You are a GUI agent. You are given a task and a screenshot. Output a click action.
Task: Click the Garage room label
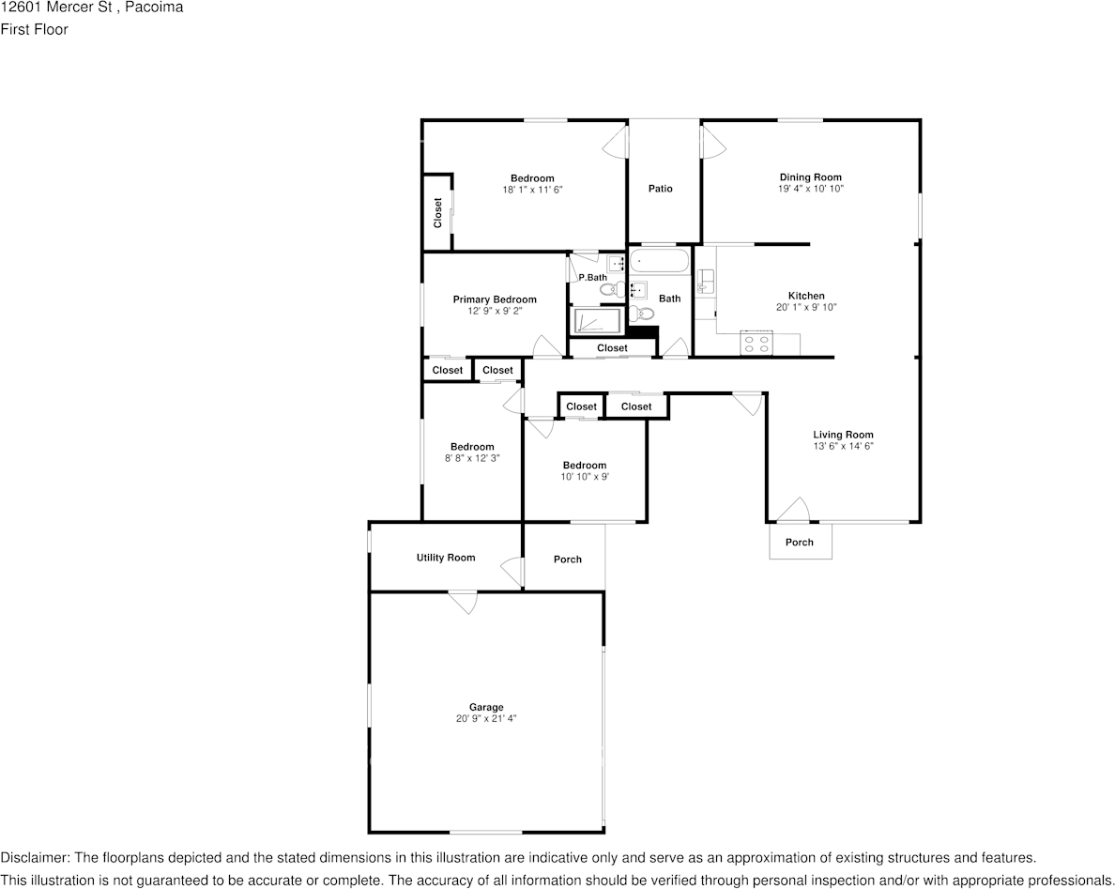(x=486, y=707)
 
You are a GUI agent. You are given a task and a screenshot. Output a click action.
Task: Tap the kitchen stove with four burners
(x=756, y=344)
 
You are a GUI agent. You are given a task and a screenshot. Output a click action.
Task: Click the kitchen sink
(x=706, y=281)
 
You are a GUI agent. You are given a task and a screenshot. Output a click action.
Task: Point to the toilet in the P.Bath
(x=612, y=289)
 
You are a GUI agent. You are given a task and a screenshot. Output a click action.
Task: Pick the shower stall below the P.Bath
(x=595, y=321)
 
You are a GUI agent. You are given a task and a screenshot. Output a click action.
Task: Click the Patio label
(x=661, y=189)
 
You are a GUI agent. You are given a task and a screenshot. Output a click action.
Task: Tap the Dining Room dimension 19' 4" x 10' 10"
(x=811, y=189)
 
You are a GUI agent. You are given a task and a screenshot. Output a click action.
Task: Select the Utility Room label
(x=446, y=558)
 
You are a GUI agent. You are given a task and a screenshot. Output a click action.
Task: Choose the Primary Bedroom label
(x=495, y=299)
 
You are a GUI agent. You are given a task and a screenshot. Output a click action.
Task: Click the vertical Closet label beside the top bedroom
(x=437, y=212)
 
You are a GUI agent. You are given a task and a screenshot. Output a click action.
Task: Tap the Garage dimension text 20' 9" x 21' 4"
(x=486, y=718)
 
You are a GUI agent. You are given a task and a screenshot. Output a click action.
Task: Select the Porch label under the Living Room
(x=800, y=542)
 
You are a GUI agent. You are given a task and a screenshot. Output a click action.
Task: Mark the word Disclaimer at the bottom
(x=34, y=858)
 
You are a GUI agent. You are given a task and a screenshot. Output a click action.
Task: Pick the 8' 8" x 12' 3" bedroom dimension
(x=472, y=458)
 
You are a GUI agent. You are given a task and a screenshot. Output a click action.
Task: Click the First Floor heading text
(x=34, y=29)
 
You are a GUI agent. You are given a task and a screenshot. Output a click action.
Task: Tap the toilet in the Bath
(x=642, y=313)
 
